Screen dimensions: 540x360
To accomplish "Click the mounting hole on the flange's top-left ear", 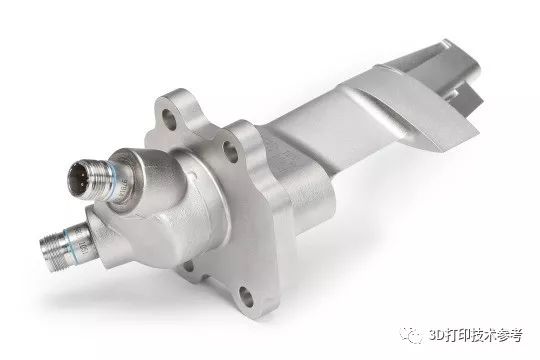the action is point(169,119).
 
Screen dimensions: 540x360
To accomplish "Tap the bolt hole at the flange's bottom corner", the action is point(247,296).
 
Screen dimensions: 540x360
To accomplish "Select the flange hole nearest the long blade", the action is point(230,151).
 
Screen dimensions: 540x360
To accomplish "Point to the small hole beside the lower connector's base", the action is point(189,266).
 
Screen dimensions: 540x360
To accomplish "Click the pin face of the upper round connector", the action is point(79,178).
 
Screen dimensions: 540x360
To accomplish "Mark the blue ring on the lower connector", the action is point(71,244).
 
